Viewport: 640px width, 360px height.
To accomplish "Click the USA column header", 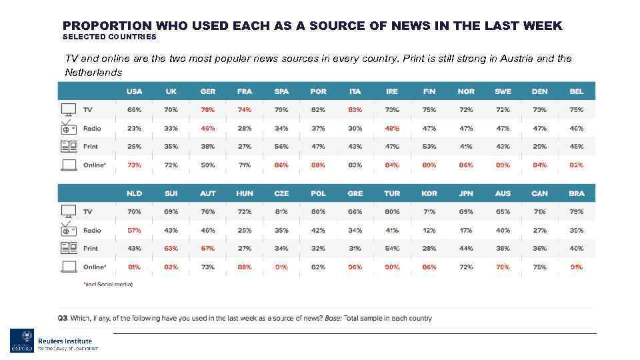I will point(134,91).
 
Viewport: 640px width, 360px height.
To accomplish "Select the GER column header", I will point(208,91).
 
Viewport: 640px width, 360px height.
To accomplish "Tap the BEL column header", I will point(577,91).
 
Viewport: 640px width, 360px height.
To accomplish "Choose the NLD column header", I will point(134,193).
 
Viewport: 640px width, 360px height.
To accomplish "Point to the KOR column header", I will point(429,193).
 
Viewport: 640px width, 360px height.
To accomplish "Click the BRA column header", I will point(577,193).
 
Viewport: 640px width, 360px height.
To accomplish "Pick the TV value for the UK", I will point(171,110).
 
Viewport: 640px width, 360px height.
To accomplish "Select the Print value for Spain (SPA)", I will point(281,147).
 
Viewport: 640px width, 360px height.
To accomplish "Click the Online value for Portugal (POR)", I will point(319,165).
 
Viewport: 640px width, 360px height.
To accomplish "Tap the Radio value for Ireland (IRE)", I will point(392,129).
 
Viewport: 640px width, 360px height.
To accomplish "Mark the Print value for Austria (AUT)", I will point(208,249).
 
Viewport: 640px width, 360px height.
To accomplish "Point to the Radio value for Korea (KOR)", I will point(429,231).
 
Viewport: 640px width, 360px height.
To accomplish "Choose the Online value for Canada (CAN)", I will point(539,267).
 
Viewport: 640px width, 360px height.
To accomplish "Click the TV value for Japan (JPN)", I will point(466,212).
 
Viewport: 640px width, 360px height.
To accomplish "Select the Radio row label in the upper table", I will point(92,129).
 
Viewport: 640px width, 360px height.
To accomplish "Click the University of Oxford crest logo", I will point(21,341).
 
